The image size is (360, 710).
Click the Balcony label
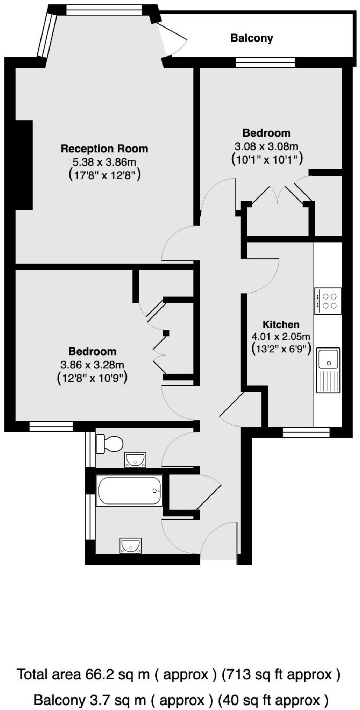[x=251, y=38]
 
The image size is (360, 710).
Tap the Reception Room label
[x=104, y=149]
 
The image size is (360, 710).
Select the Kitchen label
[x=281, y=325]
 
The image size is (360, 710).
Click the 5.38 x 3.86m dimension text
[x=104, y=162]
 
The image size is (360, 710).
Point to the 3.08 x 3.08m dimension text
[x=267, y=146]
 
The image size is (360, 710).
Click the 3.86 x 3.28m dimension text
[x=92, y=365]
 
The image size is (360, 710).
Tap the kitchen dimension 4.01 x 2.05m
[x=281, y=336]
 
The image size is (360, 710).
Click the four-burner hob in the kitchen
[x=328, y=301]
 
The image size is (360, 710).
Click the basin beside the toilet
[x=135, y=460]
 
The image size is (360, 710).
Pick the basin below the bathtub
[x=131, y=545]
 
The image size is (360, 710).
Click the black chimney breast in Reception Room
[x=24, y=165]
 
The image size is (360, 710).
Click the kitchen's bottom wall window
[x=306, y=432]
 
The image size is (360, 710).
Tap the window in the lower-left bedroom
[x=51, y=427]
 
